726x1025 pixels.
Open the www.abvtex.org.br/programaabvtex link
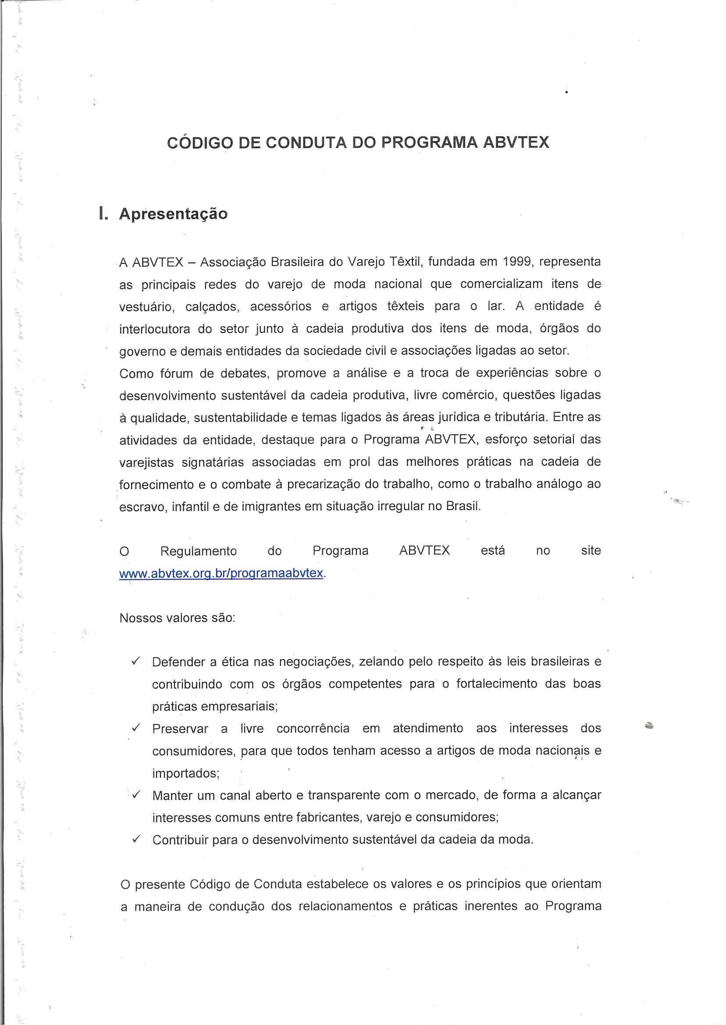[221, 573]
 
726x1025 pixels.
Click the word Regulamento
[199, 551]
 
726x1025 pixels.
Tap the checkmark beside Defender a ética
[136, 661]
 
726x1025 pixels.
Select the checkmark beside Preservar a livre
[136, 728]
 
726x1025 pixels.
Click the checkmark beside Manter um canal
[136, 795]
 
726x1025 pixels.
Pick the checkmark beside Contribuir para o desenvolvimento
[136, 839]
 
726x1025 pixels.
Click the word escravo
[142, 507]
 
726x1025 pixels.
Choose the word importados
[185, 773]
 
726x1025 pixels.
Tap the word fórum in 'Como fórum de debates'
[176, 373]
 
